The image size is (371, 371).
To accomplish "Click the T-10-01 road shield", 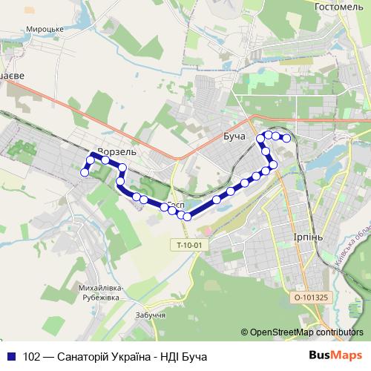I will click(x=189, y=245).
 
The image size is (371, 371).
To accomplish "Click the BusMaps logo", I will click(x=336, y=355).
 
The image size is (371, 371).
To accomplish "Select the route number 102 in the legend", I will click(x=32, y=356).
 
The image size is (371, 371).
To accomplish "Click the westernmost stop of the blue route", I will click(x=85, y=172).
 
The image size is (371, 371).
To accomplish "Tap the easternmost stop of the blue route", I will click(x=286, y=138).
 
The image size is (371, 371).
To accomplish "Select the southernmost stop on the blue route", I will click(x=187, y=217).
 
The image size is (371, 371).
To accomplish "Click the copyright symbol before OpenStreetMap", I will click(x=244, y=332).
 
